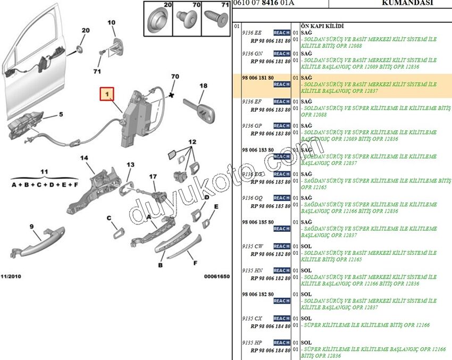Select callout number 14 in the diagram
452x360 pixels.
coord(84,158)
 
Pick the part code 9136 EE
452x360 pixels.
coord(252,32)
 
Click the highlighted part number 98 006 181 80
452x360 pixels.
coord(258,77)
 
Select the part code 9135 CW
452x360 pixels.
coord(252,246)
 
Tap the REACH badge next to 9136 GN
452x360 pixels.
coord(281,54)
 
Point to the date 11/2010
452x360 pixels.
coord(11,277)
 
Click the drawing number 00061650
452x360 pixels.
coord(216,277)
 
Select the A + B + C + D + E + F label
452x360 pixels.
coord(45,185)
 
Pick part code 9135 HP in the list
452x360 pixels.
coord(252,342)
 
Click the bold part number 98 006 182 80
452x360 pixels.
coord(258,294)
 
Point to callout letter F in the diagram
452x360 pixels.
coord(195,263)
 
